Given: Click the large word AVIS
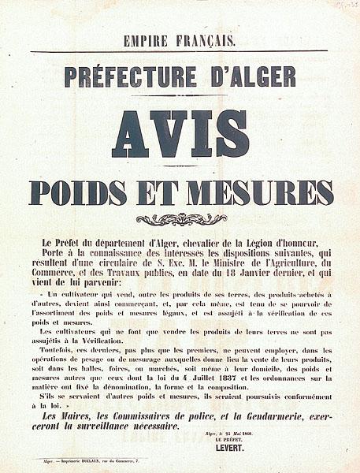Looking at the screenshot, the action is click(x=180, y=134).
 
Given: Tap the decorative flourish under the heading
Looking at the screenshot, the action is click(x=181, y=218).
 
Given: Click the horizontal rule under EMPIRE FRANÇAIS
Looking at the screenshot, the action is click(x=180, y=52).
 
